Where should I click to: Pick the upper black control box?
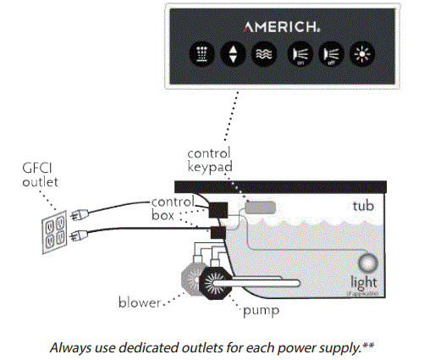click(222, 208)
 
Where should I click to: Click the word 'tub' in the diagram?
click(362, 206)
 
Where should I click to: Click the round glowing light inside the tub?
click(366, 263)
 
